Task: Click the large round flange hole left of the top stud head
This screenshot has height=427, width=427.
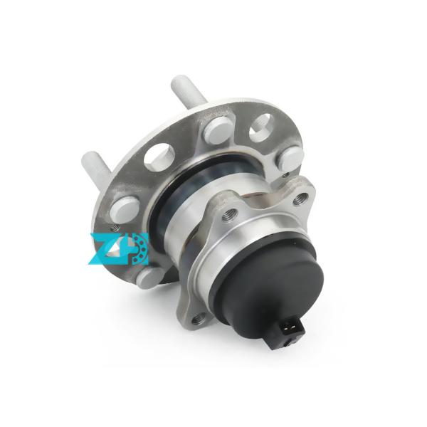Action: (x=160, y=156)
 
